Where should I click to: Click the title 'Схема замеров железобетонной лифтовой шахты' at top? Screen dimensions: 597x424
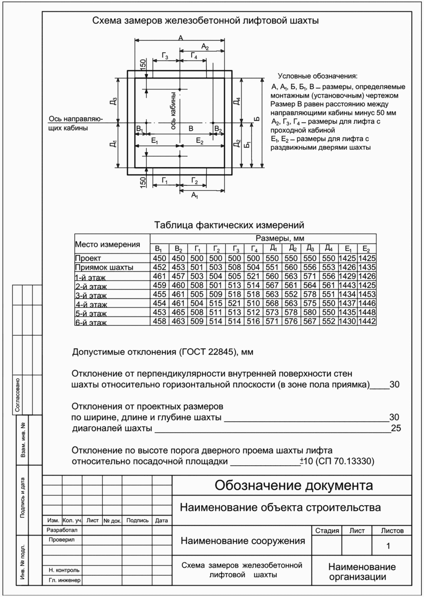(205, 20)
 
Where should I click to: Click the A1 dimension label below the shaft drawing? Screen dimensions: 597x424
(195, 196)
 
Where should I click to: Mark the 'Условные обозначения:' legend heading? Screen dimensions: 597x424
(317, 76)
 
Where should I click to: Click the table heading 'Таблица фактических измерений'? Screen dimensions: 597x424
(229, 225)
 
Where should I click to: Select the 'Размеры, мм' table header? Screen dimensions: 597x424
(280, 238)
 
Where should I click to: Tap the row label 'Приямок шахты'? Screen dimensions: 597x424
(104, 267)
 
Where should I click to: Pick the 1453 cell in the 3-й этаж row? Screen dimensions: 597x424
(367, 294)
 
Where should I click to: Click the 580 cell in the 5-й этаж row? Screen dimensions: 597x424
(310, 312)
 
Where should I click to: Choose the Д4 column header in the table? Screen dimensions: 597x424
(329, 248)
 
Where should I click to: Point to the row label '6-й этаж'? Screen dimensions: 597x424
(91, 323)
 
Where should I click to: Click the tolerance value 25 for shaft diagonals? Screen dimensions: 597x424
(396, 428)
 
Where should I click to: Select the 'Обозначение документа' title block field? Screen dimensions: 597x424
(293, 485)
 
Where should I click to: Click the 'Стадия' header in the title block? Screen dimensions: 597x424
(327, 531)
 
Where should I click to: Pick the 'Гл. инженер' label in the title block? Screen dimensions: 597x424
(64, 580)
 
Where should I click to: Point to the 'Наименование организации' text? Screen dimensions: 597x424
(362, 572)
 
